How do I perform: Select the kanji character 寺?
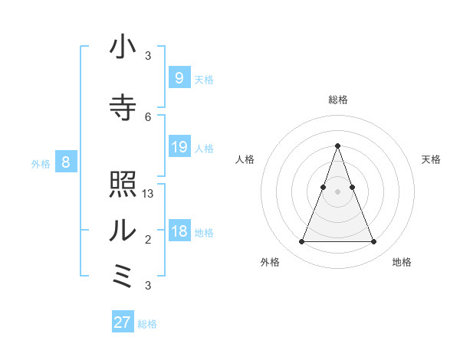[x=123, y=107]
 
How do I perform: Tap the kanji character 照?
[x=123, y=185]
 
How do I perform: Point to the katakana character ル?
[x=123, y=230]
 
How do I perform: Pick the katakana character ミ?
[x=123, y=276]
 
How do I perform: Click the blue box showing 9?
[x=179, y=77]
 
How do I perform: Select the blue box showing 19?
[x=179, y=147]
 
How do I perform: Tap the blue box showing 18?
[x=179, y=232]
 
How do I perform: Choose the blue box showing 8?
[x=66, y=162]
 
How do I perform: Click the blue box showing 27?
[x=123, y=322]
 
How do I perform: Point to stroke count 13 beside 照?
[x=149, y=194]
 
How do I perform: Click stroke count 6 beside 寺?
[x=148, y=117]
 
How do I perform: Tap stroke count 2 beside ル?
[x=148, y=240]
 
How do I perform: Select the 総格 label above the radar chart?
[x=337, y=100]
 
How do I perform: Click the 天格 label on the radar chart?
[x=431, y=159]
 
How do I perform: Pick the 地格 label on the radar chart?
[x=402, y=262]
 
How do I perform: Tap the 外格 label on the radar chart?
[x=270, y=262]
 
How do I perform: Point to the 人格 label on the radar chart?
[x=245, y=159]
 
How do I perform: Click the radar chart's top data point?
[x=337, y=146]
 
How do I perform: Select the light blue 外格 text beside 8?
[x=41, y=163]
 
